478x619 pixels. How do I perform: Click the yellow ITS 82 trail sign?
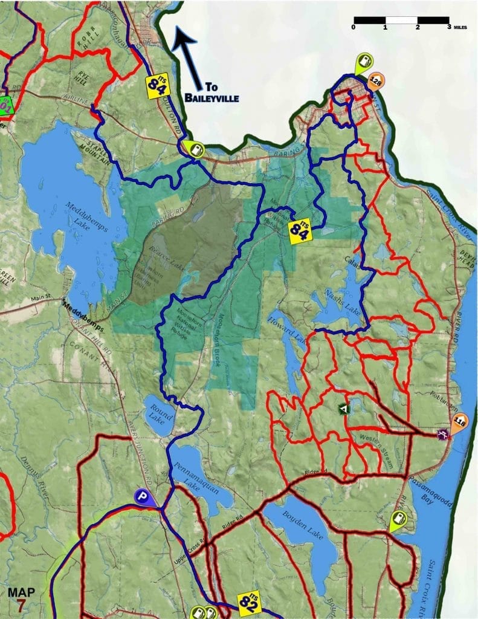point(248,601)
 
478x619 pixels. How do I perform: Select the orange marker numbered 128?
point(376,81)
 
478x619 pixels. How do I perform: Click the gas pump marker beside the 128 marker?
point(365,62)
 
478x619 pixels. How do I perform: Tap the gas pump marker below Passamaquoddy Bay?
point(398,519)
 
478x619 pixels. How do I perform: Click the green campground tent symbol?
point(344,409)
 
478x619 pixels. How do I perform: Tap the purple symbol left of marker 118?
point(443,433)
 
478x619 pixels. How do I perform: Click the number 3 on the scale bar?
point(448,27)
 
